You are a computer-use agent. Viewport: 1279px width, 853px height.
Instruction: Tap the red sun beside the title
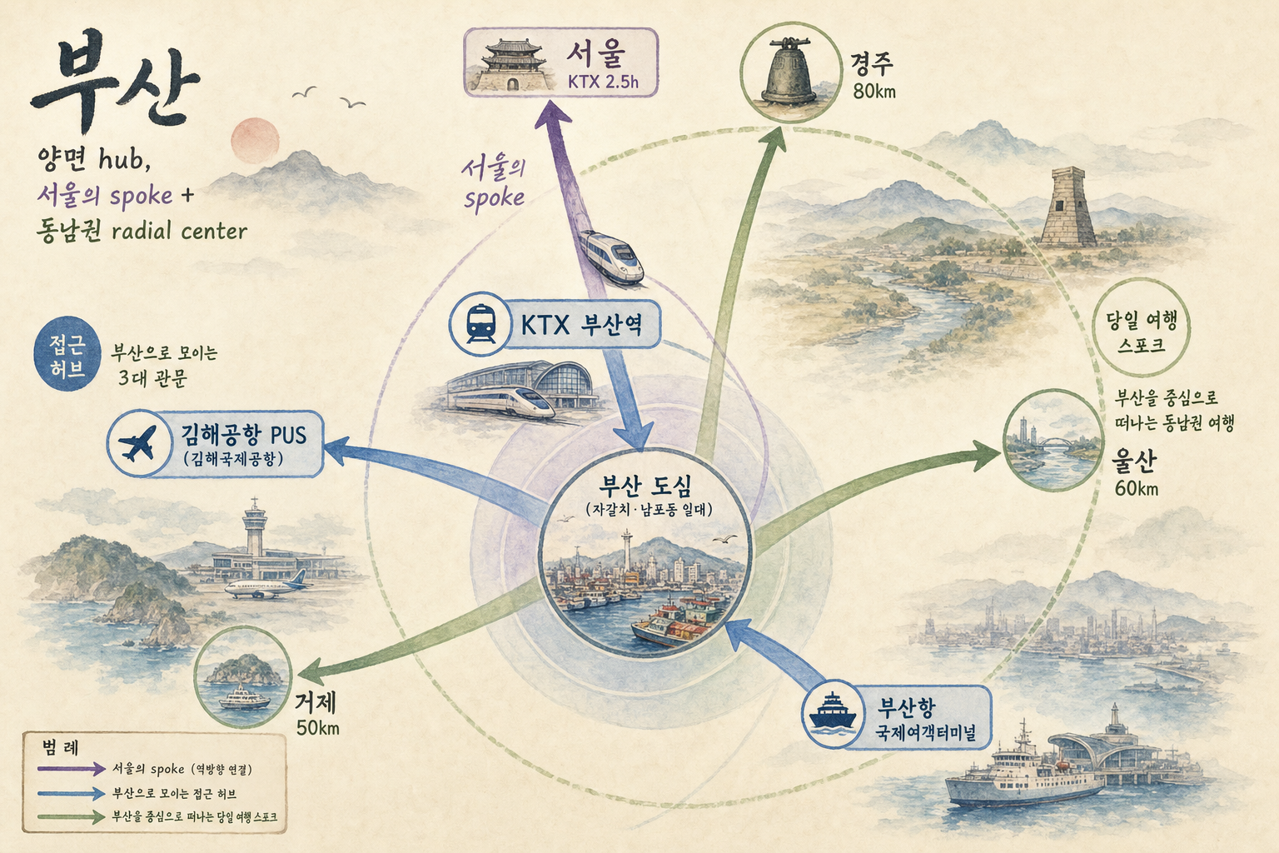(x=256, y=141)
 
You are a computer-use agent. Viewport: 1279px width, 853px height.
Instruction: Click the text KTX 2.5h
(x=603, y=82)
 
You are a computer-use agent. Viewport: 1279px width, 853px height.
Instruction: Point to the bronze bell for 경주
(x=789, y=72)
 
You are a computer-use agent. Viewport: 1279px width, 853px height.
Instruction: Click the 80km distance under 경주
(x=874, y=91)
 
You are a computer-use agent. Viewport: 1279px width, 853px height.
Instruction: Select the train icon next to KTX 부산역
(x=480, y=324)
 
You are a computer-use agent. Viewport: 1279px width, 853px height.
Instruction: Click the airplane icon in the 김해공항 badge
(x=137, y=443)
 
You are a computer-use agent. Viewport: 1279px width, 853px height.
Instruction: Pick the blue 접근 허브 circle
(x=67, y=354)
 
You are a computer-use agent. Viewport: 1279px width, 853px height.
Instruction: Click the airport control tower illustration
(x=255, y=528)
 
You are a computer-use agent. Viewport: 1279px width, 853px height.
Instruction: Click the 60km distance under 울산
(x=1137, y=489)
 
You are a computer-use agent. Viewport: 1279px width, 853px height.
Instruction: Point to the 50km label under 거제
(x=318, y=728)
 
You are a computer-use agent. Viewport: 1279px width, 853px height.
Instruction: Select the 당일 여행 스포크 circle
(x=1141, y=327)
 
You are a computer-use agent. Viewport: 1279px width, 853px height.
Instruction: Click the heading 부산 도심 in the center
(x=645, y=486)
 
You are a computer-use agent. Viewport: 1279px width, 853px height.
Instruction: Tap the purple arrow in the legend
(x=72, y=769)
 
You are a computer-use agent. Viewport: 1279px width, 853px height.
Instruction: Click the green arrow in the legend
(x=72, y=817)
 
